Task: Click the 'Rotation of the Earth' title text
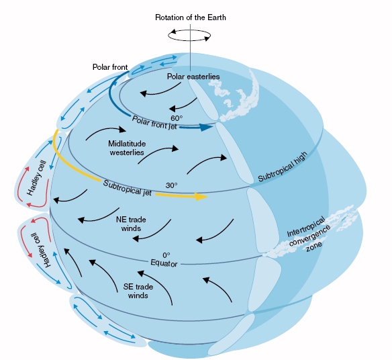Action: [x=191, y=17]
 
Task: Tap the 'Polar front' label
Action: [x=110, y=67]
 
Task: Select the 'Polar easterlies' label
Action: [x=193, y=77]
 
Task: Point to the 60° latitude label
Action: [x=177, y=118]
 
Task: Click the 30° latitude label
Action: [x=171, y=185]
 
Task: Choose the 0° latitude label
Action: [x=166, y=255]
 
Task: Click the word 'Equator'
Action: [x=164, y=263]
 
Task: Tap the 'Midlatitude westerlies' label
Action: [x=127, y=148]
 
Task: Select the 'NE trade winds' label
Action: [x=131, y=224]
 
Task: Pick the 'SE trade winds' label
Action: [x=138, y=291]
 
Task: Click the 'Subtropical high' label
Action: [x=283, y=167]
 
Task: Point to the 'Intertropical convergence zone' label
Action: [x=309, y=234]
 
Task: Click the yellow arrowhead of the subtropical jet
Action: [x=201, y=197]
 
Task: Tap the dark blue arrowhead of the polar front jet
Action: [x=206, y=127]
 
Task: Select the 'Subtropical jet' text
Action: [x=128, y=188]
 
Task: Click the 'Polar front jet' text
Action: [x=154, y=123]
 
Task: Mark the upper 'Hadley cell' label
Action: [x=37, y=178]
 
